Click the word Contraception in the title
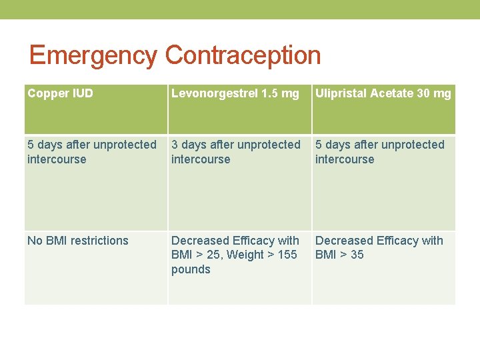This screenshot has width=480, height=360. (x=243, y=55)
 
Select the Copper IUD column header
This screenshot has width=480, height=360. (x=60, y=93)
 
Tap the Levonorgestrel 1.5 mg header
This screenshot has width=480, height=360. (x=235, y=93)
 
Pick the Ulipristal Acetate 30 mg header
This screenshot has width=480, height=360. (x=383, y=93)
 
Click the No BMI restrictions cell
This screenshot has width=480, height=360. (x=78, y=241)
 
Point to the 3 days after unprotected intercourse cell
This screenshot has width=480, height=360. (x=236, y=152)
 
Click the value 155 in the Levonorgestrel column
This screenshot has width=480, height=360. (x=287, y=255)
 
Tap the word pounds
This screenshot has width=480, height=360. (x=191, y=269)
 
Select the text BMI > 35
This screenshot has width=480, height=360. (x=339, y=255)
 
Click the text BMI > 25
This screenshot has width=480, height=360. (x=195, y=255)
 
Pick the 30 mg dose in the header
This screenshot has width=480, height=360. (x=434, y=93)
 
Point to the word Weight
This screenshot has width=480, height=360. (x=248, y=255)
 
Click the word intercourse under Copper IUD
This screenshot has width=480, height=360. (x=57, y=159)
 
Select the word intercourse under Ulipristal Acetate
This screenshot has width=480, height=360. (x=345, y=159)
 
